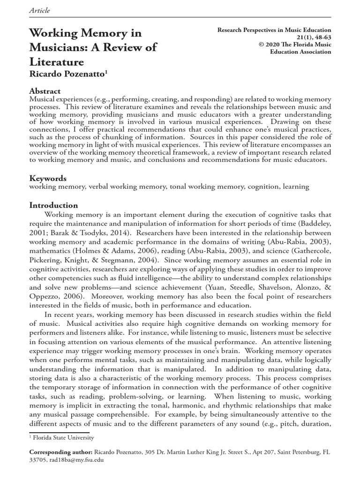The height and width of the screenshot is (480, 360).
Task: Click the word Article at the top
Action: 40,10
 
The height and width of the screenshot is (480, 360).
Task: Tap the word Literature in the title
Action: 57,62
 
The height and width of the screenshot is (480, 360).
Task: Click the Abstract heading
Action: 45,91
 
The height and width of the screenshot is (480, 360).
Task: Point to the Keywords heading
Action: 48,178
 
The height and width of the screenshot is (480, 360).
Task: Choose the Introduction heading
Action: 54,205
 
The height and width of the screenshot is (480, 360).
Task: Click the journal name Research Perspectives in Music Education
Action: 274,30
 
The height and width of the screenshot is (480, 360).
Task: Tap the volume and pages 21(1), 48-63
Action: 307,37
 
